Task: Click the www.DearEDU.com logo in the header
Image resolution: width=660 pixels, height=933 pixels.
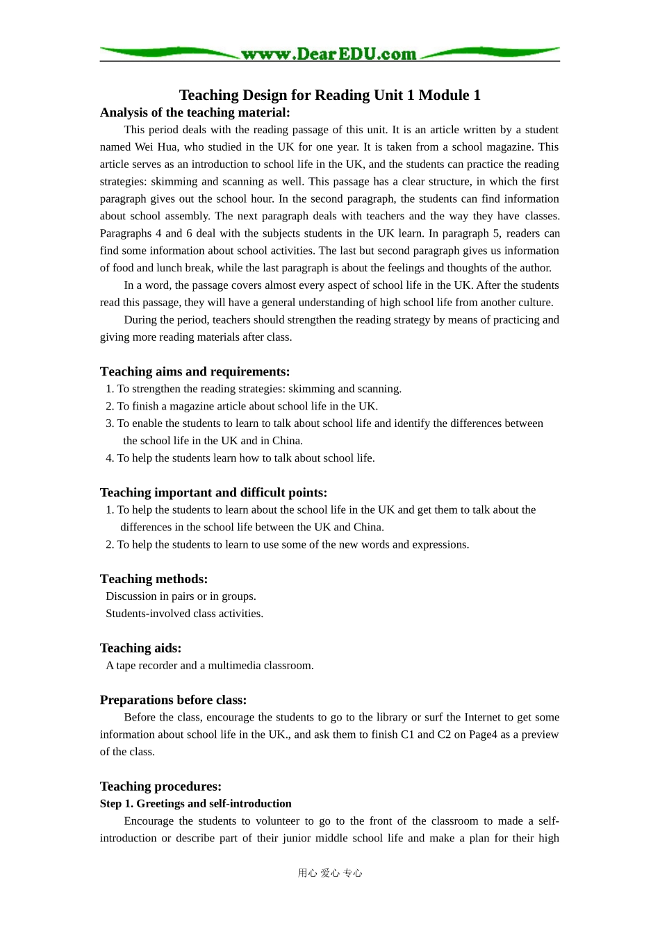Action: [x=329, y=54]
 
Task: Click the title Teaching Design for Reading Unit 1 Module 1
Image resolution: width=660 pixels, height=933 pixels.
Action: [x=329, y=95]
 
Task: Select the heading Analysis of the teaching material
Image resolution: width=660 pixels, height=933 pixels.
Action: [x=195, y=112]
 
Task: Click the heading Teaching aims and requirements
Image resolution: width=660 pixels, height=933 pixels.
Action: [x=195, y=371]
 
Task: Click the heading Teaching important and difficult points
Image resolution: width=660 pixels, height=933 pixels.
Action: [x=213, y=492]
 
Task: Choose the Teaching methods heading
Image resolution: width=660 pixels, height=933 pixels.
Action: [x=154, y=579]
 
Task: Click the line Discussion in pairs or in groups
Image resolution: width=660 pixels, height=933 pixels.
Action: [x=181, y=596]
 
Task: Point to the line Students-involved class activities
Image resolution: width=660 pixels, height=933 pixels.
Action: [x=184, y=614]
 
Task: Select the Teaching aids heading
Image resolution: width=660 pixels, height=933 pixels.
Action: [x=140, y=648]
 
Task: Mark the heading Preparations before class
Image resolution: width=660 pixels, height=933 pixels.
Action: [x=173, y=700]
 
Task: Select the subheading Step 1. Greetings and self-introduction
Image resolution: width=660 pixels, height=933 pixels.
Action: [x=195, y=804]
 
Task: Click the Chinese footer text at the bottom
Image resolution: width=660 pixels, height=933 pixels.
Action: [x=330, y=873]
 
